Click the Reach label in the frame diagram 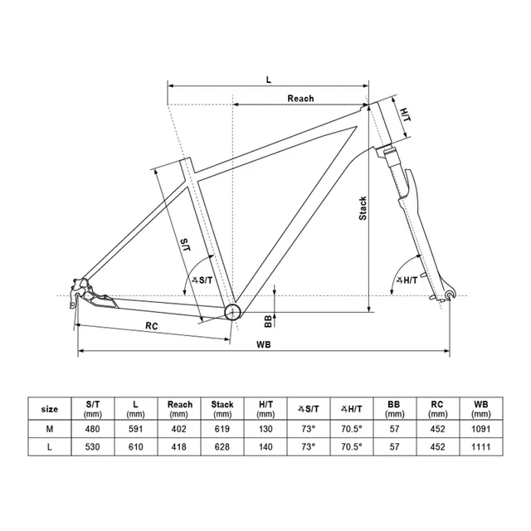[x=300, y=99]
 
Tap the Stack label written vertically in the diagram [x=363, y=208]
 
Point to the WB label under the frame [x=264, y=344]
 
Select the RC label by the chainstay [x=152, y=326]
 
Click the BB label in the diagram [x=268, y=321]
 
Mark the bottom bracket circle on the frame [x=232, y=312]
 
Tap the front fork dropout [x=450, y=295]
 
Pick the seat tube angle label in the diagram [x=202, y=280]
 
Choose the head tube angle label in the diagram [x=407, y=280]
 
